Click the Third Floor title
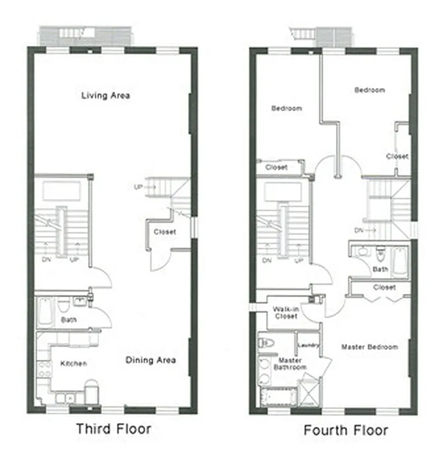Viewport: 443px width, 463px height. click(114, 429)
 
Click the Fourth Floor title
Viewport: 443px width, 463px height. click(346, 430)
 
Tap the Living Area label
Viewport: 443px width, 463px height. click(106, 95)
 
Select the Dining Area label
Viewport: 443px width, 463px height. click(150, 360)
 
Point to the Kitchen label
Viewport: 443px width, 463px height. click(74, 363)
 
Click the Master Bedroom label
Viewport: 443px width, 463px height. click(369, 347)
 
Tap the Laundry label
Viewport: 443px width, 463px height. click(308, 346)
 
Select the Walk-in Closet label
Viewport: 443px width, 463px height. click(285, 313)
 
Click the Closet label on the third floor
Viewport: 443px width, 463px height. click(165, 232)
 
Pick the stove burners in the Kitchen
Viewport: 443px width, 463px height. click(42, 370)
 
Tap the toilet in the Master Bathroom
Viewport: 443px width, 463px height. click(267, 341)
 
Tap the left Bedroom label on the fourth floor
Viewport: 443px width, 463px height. click(286, 108)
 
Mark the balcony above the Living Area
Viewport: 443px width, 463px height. click(84, 34)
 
